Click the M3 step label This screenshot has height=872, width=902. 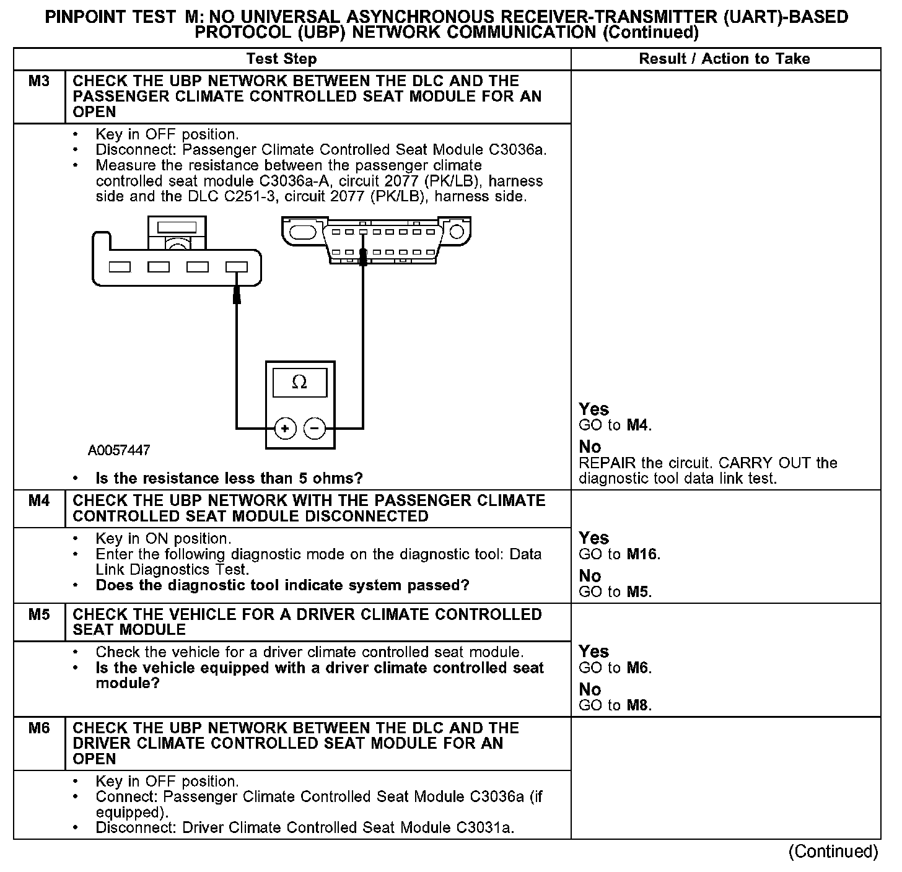pyautogui.click(x=38, y=81)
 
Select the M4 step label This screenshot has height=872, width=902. pyautogui.click(x=38, y=500)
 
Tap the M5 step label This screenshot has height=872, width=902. pyautogui.click(x=38, y=614)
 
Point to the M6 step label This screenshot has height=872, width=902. pyautogui.click(x=38, y=728)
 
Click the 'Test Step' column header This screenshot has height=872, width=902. pyautogui.click(x=281, y=59)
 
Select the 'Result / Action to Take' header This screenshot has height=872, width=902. pyautogui.click(x=724, y=59)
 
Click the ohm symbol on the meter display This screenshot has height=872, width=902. pyautogui.click(x=299, y=383)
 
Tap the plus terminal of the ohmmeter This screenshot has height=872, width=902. pyautogui.click(x=284, y=428)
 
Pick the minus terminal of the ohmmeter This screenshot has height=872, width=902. pyautogui.click(x=315, y=428)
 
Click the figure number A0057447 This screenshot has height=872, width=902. pyautogui.click(x=119, y=450)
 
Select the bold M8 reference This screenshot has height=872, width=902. pyautogui.click(x=638, y=705)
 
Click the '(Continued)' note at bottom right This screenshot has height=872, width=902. pyautogui.click(x=833, y=852)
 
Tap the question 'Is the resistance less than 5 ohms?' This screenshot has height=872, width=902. pyautogui.click(x=229, y=478)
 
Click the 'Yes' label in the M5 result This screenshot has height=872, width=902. pyautogui.click(x=593, y=652)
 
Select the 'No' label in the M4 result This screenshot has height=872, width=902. pyautogui.click(x=590, y=576)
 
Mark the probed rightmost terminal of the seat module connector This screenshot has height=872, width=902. pyautogui.click(x=236, y=267)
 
